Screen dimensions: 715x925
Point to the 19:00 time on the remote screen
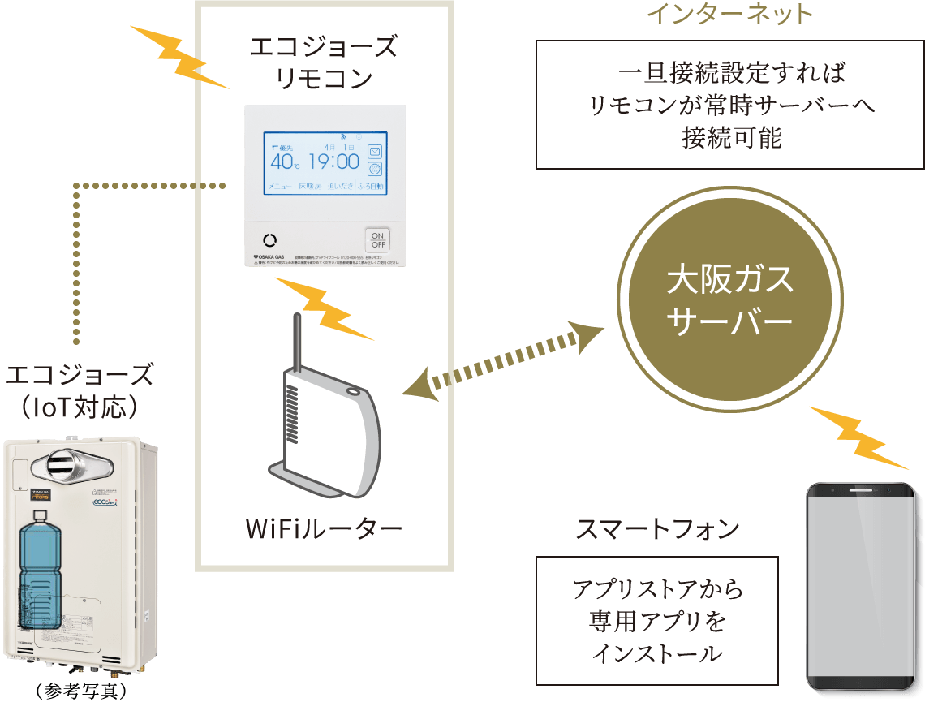point(333,161)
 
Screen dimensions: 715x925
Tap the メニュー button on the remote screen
point(279,187)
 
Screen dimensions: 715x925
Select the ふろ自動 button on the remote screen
point(371,187)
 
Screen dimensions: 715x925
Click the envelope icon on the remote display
point(375,152)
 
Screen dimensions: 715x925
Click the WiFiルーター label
point(324,530)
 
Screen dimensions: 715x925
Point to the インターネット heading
point(729,14)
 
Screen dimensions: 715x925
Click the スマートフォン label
point(657,529)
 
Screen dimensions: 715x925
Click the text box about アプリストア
point(657,621)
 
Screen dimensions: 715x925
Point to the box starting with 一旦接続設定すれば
point(729,105)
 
